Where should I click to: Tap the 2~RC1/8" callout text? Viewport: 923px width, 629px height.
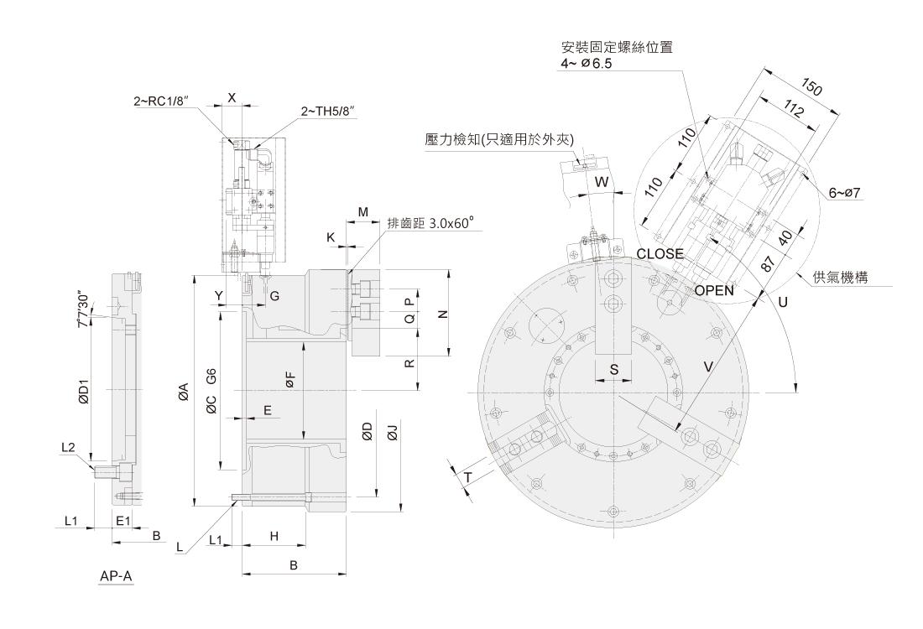tap(160, 101)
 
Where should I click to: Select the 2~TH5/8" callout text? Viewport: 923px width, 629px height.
tap(329, 111)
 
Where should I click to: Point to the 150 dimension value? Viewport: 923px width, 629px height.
tap(811, 87)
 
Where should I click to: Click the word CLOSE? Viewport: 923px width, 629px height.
tap(660, 253)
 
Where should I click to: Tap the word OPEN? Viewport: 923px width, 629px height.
tap(714, 290)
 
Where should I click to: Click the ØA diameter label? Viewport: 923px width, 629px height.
tap(183, 392)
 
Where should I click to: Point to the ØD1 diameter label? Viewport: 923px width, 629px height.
tap(84, 392)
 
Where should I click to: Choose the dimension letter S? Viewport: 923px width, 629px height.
tap(613, 368)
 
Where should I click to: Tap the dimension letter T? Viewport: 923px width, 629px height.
tap(468, 477)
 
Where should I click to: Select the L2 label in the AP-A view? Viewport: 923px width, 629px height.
tap(68, 450)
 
